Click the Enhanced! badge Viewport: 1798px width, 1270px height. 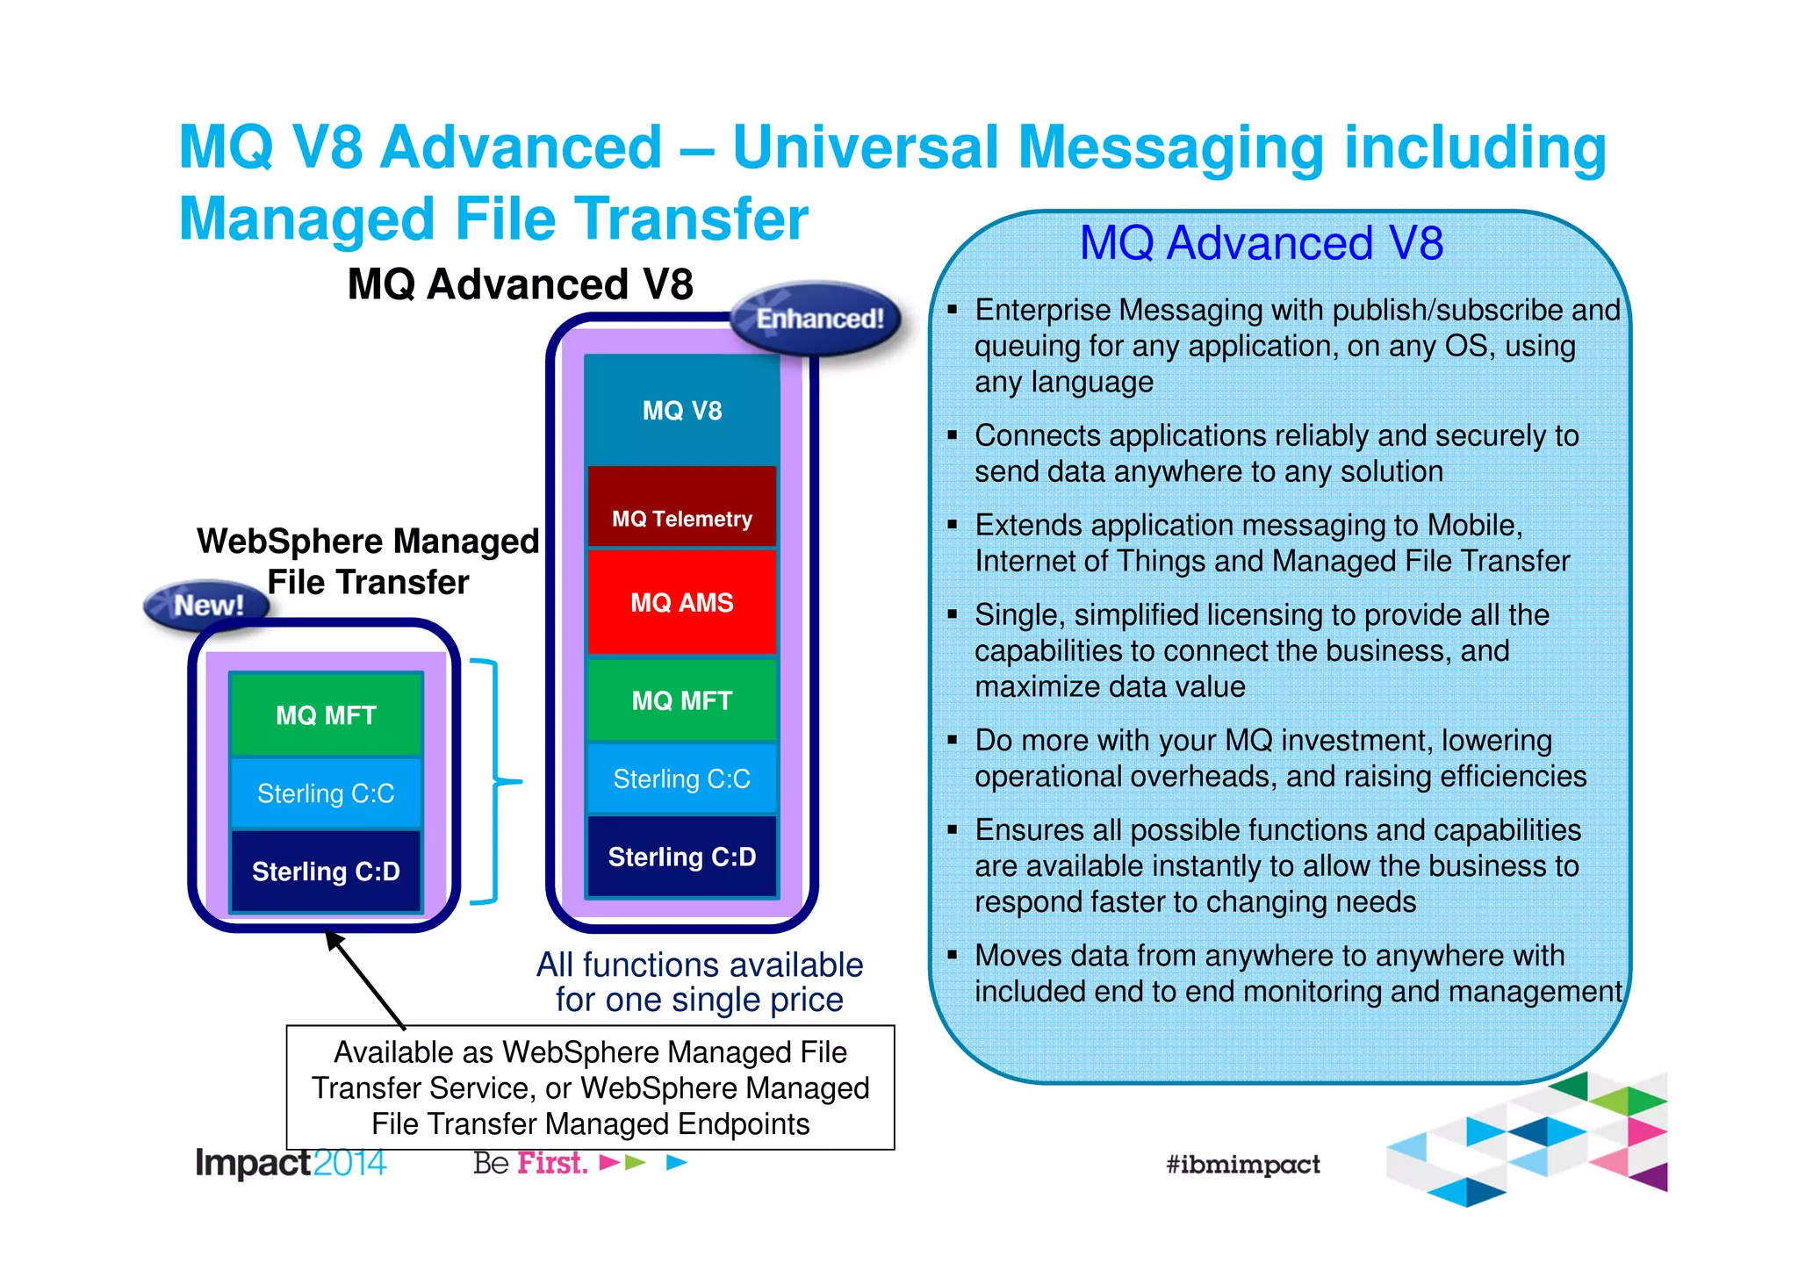coord(817,319)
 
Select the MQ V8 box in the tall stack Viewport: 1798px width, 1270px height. coord(682,410)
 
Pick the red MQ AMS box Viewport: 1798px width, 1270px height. coord(682,602)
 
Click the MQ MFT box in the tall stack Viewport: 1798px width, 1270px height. coord(682,700)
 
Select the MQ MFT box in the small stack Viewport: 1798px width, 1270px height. coord(326,714)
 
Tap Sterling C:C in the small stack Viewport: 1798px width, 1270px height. coord(326,793)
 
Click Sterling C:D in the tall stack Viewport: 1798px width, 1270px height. coord(682,857)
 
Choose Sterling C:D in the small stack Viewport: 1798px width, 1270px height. coord(326,871)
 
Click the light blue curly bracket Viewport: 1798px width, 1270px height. coord(497,780)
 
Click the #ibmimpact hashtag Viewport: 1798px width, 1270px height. coord(1242,1165)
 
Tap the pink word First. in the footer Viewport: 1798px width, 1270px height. coord(551,1163)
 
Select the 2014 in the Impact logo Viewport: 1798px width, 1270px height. coord(349,1163)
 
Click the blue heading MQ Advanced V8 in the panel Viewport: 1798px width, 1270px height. coord(1261,243)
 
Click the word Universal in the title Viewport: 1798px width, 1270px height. coord(864,147)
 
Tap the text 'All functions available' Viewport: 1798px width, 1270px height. coord(699,965)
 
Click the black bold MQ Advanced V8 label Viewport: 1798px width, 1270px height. coord(520,284)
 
